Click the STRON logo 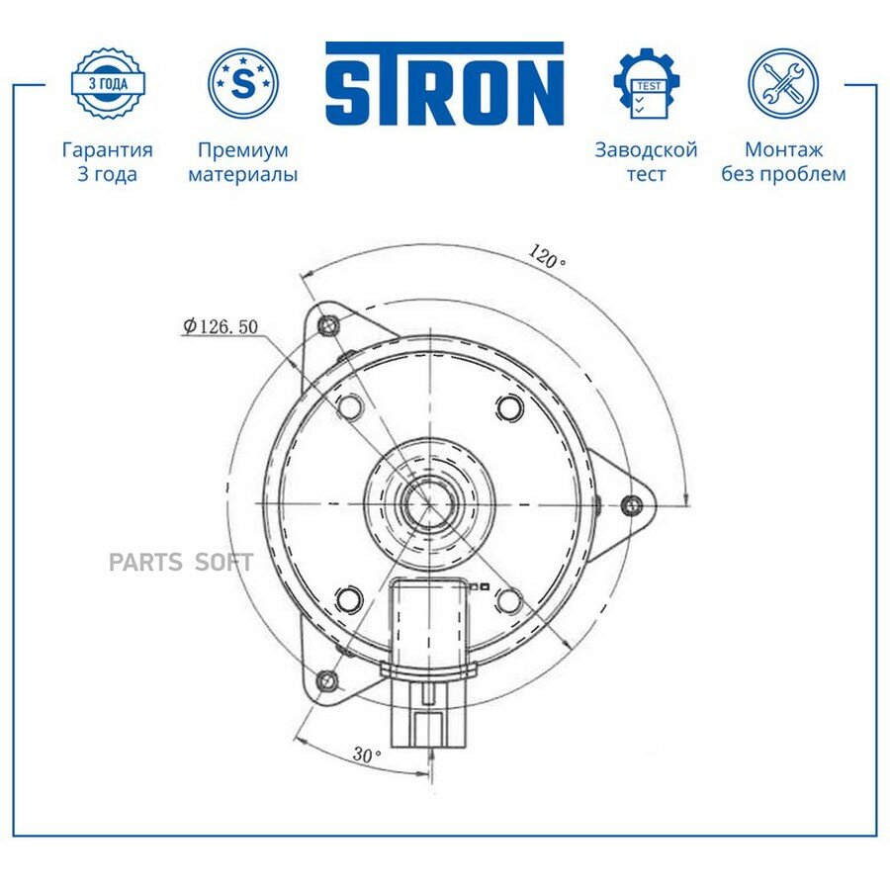(x=444, y=83)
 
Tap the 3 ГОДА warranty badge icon (x=108, y=83)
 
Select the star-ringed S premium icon (x=243, y=83)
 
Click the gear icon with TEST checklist (x=648, y=83)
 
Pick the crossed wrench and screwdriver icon (x=783, y=83)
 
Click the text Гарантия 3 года (x=107, y=162)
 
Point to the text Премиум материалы (x=243, y=162)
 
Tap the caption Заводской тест (x=646, y=162)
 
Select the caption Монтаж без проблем (x=783, y=162)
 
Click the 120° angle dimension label (x=547, y=257)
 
